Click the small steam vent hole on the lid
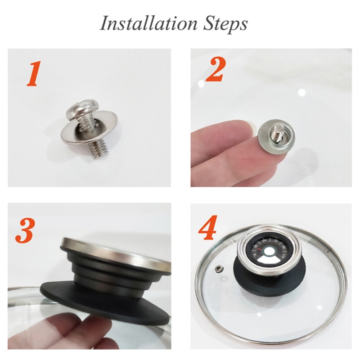coord(219,269)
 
